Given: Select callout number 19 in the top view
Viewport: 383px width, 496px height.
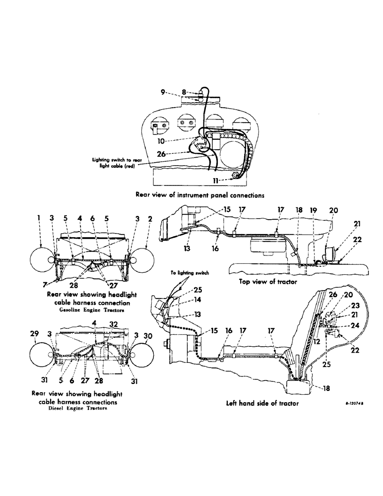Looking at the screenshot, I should pos(314,210).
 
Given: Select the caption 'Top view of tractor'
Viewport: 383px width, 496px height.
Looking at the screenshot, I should pos(267,282).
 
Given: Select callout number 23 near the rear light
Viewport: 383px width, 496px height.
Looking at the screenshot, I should pos(342,306).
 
